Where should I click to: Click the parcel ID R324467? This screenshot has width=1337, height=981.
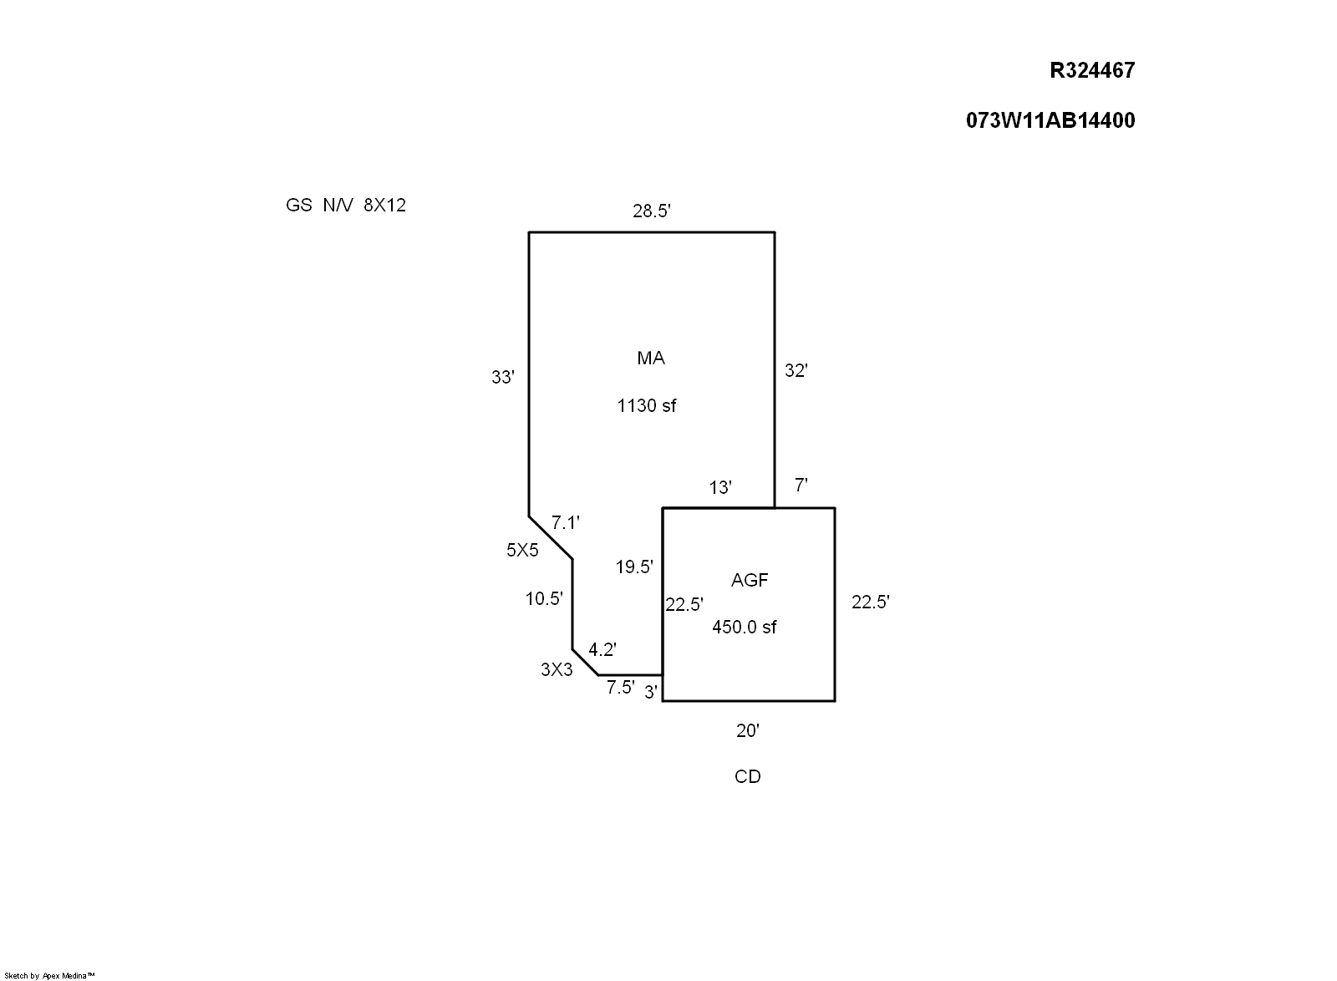click(1092, 70)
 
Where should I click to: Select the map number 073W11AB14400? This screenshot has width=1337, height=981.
click(1050, 120)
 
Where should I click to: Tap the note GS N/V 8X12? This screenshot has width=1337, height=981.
click(346, 206)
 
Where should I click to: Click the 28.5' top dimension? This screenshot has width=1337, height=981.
click(652, 211)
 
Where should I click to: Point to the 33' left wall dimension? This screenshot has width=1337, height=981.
click(502, 378)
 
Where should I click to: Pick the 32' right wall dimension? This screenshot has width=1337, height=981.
click(796, 371)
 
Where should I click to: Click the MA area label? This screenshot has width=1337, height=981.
click(651, 358)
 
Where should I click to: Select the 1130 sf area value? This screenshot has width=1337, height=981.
click(646, 406)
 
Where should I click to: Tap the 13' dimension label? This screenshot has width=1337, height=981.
click(720, 488)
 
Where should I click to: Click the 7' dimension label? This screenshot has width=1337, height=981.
click(801, 485)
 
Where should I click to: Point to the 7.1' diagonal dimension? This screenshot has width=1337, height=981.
click(566, 523)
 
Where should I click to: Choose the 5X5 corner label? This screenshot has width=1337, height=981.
click(522, 550)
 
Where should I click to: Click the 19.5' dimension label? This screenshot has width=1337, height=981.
click(634, 567)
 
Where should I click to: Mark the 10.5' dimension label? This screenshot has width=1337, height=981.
click(544, 598)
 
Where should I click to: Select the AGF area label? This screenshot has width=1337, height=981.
click(750, 580)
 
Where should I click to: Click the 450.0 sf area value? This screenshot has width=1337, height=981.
click(744, 627)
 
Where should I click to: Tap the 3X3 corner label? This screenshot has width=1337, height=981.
click(557, 669)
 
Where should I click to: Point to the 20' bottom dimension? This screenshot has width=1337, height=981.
click(747, 731)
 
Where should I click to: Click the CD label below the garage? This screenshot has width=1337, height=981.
click(747, 777)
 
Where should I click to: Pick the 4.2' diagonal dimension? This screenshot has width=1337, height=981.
click(602, 649)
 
